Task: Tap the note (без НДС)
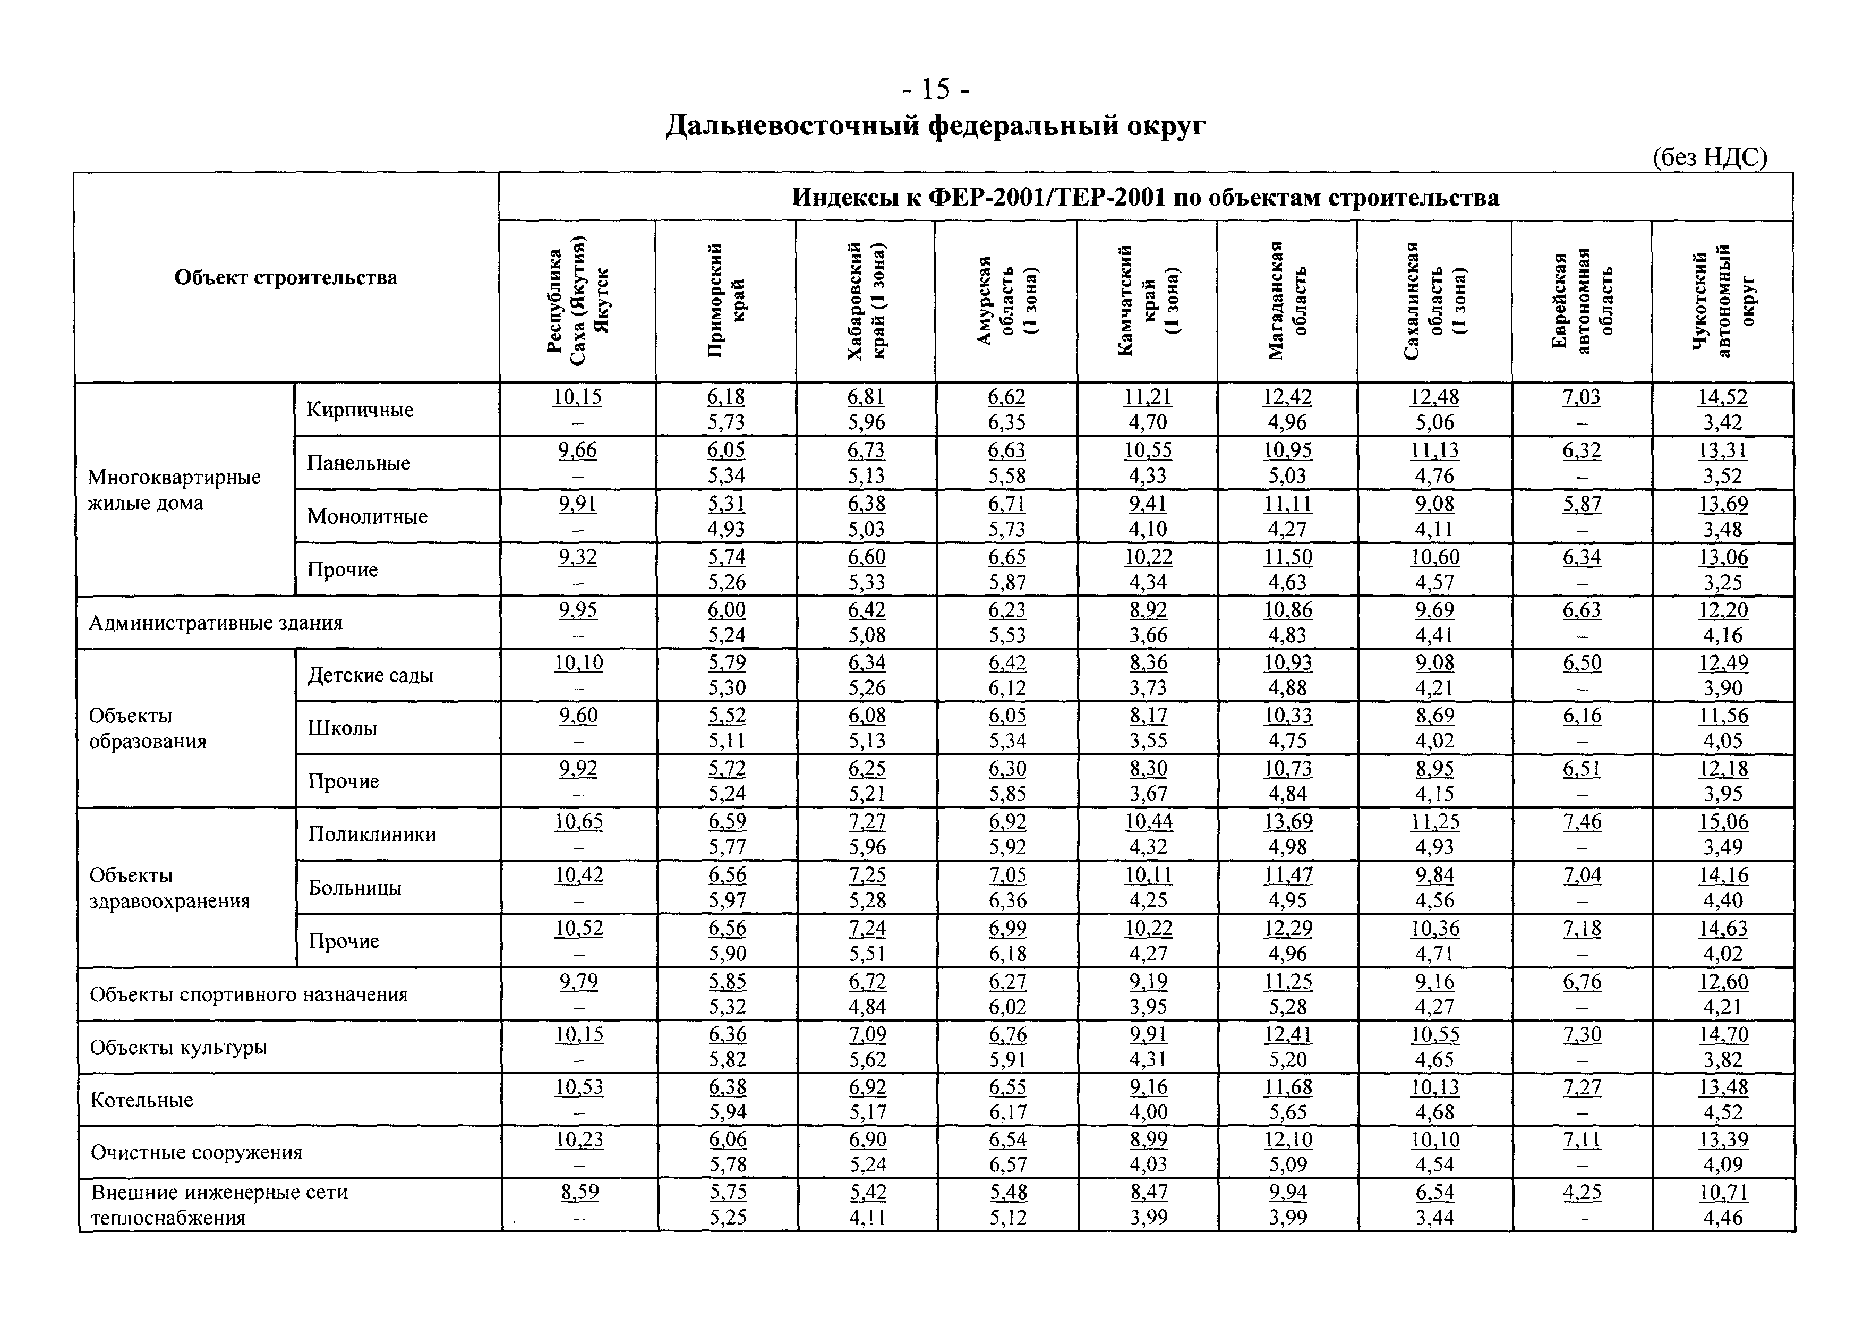pyautogui.click(x=1709, y=157)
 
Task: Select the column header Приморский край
pyautogui.click(x=726, y=300)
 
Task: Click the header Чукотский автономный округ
pyautogui.click(x=1723, y=300)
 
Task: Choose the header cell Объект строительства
pyautogui.click(x=286, y=277)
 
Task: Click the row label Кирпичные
pyautogui.click(x=360, y=410)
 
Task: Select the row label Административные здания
pyautogui.click(x=216, y=623)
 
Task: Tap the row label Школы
pyautogui.click(x=343, y=728)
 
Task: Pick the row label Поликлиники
pyautogui.click(x=372, y=834)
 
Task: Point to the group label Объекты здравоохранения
pyautogui.click(x=169, y=888)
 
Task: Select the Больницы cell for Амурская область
pyautogui.click(x=1007, y=887)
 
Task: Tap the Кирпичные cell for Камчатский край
pyautogui.click(x=1147, y=409)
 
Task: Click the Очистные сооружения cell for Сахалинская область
pyautogui.click(x=1434, y=1152)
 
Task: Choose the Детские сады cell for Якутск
pyautogui.click(x=578, y=675)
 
